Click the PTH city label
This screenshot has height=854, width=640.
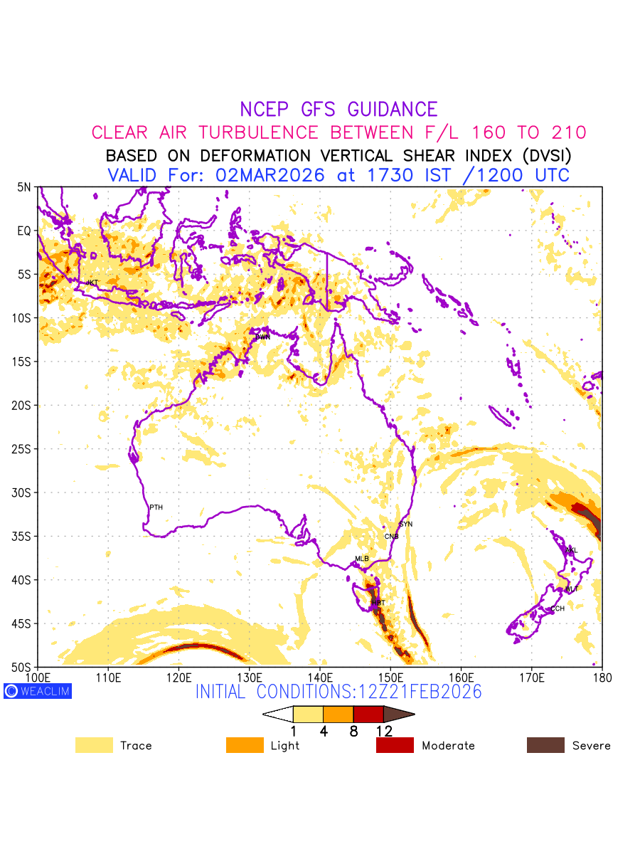156,507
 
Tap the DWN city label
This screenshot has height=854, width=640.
262,337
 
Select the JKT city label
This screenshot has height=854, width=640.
92,283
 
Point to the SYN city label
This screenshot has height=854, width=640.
405,524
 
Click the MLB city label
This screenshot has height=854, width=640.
362,559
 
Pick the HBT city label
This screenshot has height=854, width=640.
378,603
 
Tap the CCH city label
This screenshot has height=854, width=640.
558,608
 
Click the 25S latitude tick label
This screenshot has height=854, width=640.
23,449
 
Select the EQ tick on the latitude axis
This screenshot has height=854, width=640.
24,231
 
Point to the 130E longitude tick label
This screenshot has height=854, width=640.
250,676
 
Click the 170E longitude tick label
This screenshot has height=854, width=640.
532,676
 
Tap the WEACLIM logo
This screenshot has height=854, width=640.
38,691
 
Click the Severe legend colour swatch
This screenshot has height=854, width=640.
545,745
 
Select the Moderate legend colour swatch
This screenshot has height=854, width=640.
395,745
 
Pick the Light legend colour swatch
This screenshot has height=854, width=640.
244,745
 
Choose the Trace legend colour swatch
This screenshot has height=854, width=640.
94,745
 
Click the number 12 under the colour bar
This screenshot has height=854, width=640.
384,730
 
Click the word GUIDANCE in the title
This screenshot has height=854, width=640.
393,110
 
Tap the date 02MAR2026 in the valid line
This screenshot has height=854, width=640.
270,175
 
